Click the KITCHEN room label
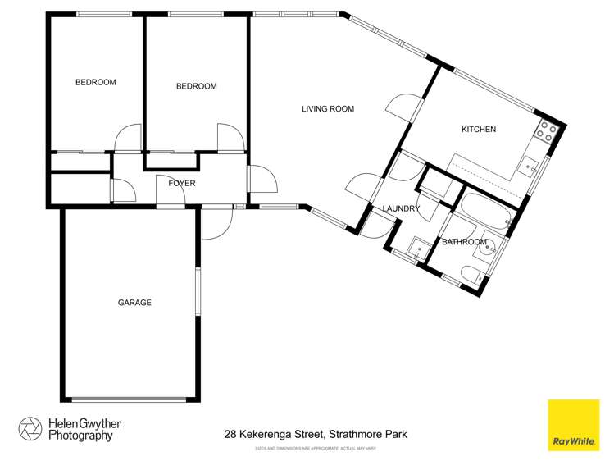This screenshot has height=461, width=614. [479, 130]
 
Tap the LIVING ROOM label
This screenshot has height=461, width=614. [327, 108]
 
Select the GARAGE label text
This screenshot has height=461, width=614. [134, 303]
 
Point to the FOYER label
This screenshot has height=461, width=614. [181, 183]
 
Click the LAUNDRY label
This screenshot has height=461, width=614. [401, 209]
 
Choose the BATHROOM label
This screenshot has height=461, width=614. [465, 242]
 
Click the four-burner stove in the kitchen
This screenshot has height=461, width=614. [547, 130]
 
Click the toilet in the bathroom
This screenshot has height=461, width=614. [472, 274]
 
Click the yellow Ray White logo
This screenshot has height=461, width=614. [573, 424]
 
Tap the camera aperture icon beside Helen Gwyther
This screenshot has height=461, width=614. [30, 429]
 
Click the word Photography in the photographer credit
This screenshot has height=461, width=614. [79, 436]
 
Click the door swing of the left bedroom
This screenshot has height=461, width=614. [128, 138]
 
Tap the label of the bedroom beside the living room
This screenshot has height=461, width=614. [197, 86]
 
